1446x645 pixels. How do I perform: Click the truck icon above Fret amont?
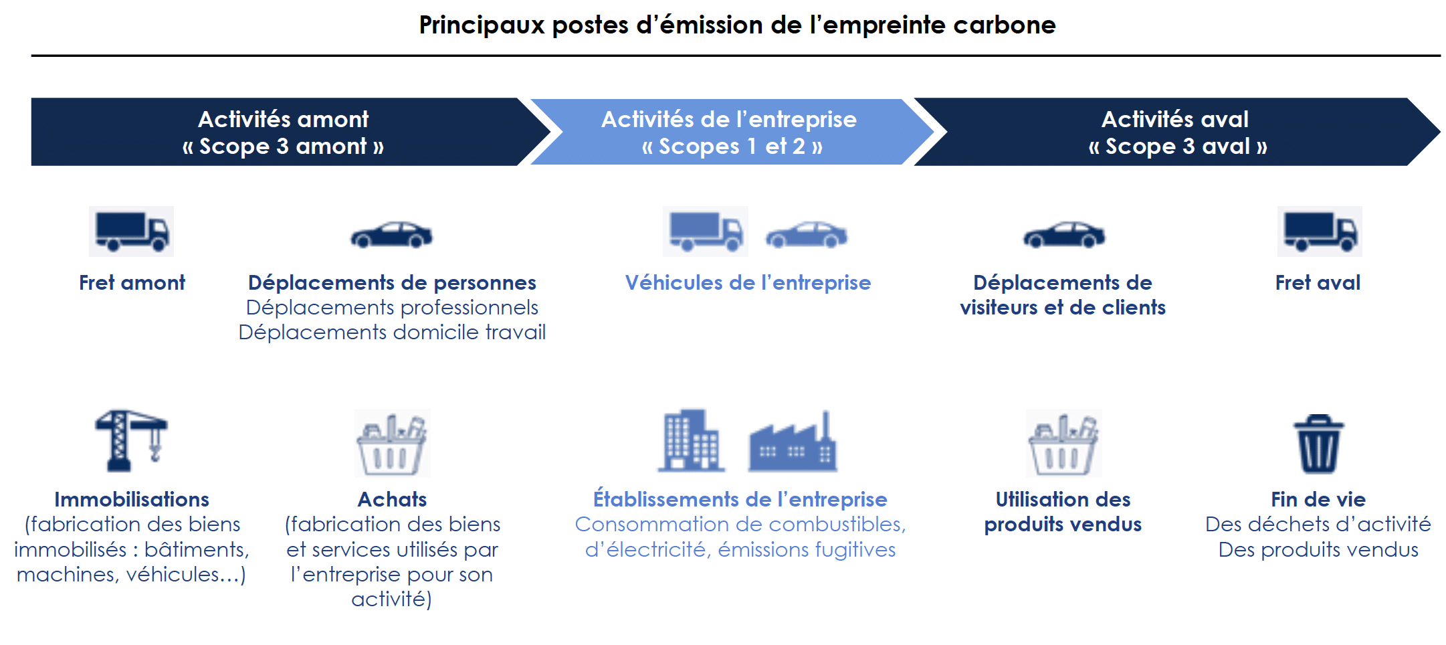click(x=132, y=232)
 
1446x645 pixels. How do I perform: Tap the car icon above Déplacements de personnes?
click(x=392, y=235)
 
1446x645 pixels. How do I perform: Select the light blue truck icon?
click(x=706, y=232)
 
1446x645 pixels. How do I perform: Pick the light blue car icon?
click(x=807, y=235)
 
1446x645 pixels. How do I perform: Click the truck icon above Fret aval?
click(x=1320, y=232)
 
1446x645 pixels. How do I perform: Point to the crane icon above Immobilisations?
click(x=131, y=441)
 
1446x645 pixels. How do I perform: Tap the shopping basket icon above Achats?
click(x=392, y=443)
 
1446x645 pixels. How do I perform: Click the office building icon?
click(x=692, y=440)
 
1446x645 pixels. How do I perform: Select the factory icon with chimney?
click(x=793, y=442)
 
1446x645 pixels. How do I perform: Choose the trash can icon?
click(x=1319, y=443)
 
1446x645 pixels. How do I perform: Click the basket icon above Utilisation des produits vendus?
click(x=1063, y=443)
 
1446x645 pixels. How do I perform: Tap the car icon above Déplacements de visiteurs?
click(x=1064, y=235)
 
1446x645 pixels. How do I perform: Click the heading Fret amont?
click(x=132, y=282)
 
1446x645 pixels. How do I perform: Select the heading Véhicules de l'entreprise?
click(x=748, y=282)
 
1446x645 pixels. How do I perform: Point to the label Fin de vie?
click(x=1318, y=499)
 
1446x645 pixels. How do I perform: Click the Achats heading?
click(x=392, y=499)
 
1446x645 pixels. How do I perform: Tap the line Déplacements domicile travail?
click(x=392, y=332)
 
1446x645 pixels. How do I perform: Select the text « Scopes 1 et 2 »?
click(x=732, y=147)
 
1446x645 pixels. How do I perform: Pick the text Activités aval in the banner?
click(x=1175, y=119)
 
